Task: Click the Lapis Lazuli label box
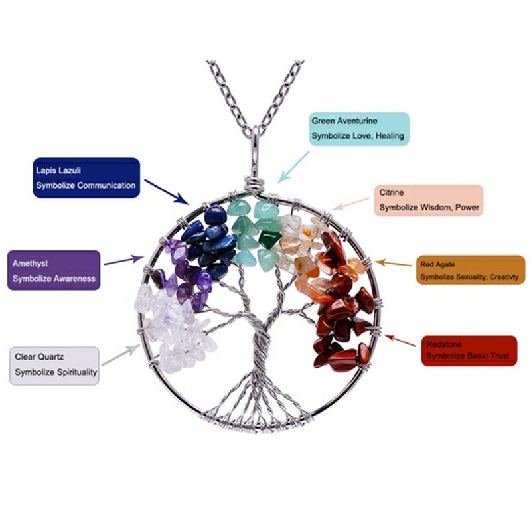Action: [86, 177]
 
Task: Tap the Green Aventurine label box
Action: [359, 129]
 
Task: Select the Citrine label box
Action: [429, 200]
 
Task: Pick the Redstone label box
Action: [469, 350]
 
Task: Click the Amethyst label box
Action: [54, 270]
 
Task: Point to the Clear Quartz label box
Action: [54, 365]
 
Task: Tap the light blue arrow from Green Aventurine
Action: [294, 167]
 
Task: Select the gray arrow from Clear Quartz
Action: [119, 355]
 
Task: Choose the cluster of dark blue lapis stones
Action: [211, 236]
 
